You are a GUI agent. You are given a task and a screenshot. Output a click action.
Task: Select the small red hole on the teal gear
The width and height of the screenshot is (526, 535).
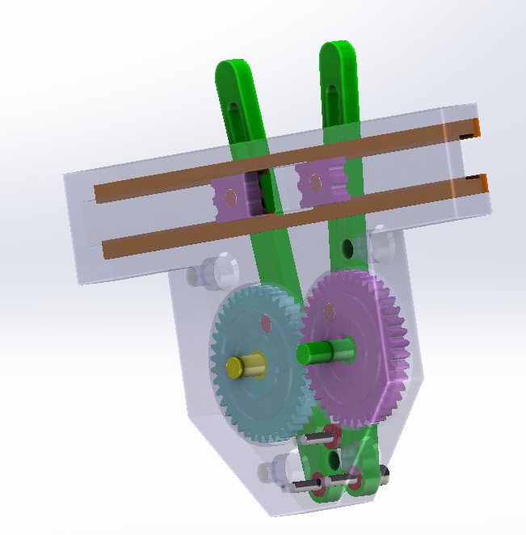pyautogui.click(x=265, y=323)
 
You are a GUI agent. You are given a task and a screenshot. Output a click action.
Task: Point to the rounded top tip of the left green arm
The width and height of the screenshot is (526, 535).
pyautogui.click(x=229, y=69)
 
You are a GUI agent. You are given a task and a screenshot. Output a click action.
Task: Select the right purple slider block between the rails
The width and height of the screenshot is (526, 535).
pyautogui.click(x=320, y=183)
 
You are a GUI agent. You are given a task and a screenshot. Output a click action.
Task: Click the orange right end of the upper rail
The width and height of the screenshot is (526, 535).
pyautogui.click(x=477, y=127)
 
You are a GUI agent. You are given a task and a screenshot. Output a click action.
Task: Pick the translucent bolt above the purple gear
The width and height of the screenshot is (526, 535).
pyautogui.click(x=378, y=243)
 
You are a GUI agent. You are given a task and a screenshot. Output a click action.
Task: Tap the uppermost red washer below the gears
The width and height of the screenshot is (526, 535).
pyautogui.click(x=331, y=436)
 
